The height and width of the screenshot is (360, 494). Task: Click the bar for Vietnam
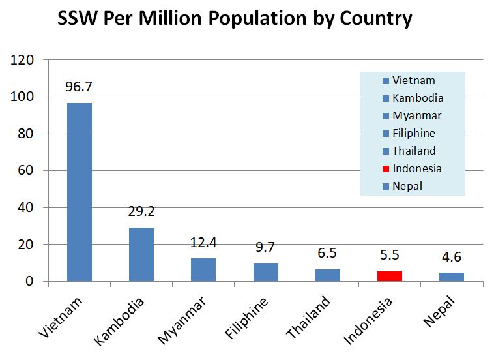79,192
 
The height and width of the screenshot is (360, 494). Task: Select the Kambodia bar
141,254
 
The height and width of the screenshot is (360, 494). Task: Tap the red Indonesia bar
390,276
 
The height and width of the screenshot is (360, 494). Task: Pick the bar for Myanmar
203,269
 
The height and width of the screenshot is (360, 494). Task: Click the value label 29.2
141,211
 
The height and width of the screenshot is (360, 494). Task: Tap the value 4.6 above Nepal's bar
452,257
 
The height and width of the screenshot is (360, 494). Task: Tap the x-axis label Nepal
443,309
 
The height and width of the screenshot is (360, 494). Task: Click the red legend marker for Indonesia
386,169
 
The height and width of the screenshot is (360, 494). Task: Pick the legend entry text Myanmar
416,116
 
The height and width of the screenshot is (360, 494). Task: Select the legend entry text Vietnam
413,81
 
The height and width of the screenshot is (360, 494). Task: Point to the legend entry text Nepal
407,187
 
